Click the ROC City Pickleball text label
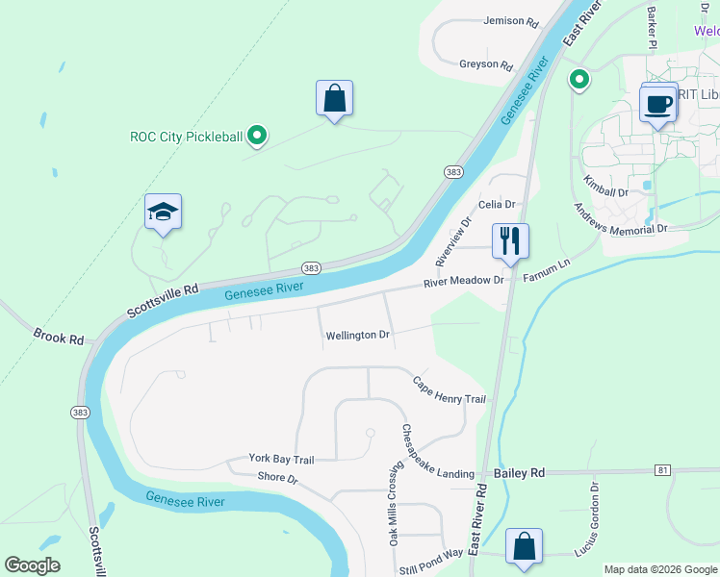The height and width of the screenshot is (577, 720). (x=187, y=137)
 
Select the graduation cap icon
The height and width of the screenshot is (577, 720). (x=164, y=213)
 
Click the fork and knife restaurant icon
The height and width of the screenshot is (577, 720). (x=510, y=240)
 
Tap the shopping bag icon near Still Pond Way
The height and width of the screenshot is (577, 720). (x=524, y=545)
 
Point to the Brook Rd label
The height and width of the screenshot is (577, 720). (x=60, y=339)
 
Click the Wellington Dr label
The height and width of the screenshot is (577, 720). (x=357, y=336)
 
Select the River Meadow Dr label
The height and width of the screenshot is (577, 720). (x=464, y=281)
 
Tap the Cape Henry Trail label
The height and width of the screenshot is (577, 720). (x=449, y=390)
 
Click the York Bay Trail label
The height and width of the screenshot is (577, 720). (x=282, y=460)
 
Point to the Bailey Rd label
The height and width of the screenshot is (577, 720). (x=519, y=473)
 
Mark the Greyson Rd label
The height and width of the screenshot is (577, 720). (x=486, y=64)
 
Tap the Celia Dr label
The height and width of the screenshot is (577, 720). (x=498, y=205)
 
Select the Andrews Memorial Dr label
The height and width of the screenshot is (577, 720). (x=620, y=220)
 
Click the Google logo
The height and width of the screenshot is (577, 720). (x=32, y=565)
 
